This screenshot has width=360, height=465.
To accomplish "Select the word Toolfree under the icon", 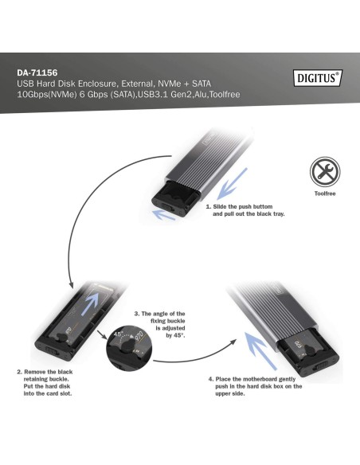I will [324, 193].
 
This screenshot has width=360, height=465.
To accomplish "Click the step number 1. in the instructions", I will [208, 206].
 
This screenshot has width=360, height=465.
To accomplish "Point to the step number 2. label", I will [19, 371].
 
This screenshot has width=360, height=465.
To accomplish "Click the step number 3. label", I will [137, 314].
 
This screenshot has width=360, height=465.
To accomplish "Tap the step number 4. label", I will [211, 378].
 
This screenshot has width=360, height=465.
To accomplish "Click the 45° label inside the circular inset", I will [120, 335].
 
